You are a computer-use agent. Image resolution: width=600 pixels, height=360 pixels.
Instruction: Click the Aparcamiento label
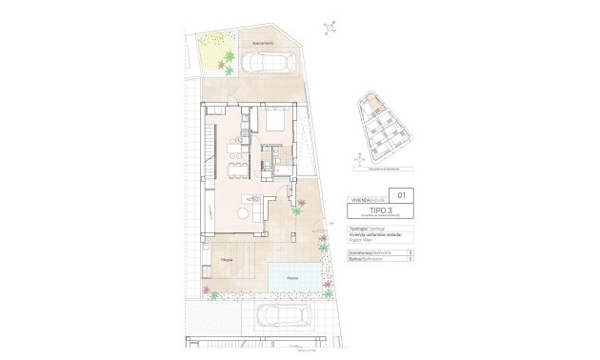click(x=263, y=44)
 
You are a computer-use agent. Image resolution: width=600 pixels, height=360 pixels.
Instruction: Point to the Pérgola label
click(x=227, y=259)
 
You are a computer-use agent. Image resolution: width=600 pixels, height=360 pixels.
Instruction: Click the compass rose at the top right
click(x=330, y=28)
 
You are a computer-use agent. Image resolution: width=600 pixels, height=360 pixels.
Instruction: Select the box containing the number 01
click(x=400, y=195)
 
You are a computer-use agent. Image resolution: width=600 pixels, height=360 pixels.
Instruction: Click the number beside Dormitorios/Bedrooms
click(x=409, y=252)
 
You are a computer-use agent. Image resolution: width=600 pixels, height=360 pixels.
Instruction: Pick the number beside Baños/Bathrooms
click(x=409, y=260)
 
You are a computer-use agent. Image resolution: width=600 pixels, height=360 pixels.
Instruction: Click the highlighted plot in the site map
click(x=376, y=103)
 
